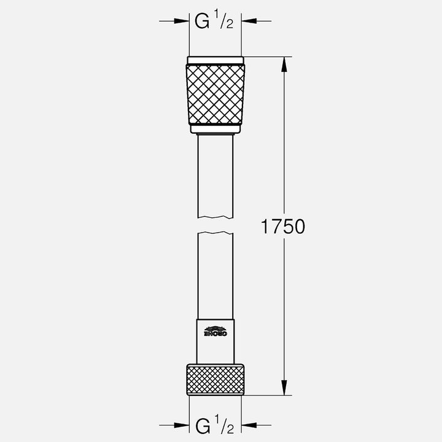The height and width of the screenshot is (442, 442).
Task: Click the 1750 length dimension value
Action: [283, 227]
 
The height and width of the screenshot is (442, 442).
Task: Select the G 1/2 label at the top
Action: [214, 21]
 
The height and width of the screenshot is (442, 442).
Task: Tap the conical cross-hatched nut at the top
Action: [215, 93]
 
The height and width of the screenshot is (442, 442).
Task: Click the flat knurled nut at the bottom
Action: [215, 380]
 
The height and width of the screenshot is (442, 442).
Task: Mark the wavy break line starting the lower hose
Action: [215, 233]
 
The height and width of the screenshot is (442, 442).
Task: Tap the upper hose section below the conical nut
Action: [215, 175]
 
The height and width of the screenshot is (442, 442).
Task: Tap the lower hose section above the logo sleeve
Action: [215, 276]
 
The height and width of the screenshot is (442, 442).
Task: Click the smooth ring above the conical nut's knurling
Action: [215, 60]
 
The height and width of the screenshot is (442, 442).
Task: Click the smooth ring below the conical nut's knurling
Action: [215, 128]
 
